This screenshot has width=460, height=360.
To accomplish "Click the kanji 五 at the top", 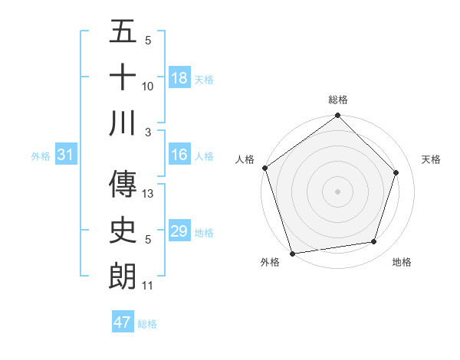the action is (123, 32).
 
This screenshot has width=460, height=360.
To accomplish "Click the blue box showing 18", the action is (179, 78).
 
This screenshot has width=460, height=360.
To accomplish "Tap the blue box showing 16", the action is (179, 155).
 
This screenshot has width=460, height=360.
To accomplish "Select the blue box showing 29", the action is (179, 231).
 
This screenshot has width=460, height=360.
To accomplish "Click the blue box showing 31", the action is (65, 155).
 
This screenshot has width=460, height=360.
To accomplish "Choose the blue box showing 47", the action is (123, 322).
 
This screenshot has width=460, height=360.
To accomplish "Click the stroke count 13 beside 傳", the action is (149, 194).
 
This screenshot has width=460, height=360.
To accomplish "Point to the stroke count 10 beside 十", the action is (149, 87).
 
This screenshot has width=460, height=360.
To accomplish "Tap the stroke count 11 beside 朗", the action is (148, 286).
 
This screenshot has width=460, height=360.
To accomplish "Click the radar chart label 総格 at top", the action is (338, 100).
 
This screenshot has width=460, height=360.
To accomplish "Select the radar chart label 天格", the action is (432, 159).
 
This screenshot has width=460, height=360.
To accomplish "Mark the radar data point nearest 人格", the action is (264, 168).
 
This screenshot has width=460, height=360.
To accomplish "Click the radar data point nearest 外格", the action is (293, 253).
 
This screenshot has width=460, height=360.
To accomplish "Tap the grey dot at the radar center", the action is (338, 191).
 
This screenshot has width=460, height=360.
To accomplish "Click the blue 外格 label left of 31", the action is (41, 156).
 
